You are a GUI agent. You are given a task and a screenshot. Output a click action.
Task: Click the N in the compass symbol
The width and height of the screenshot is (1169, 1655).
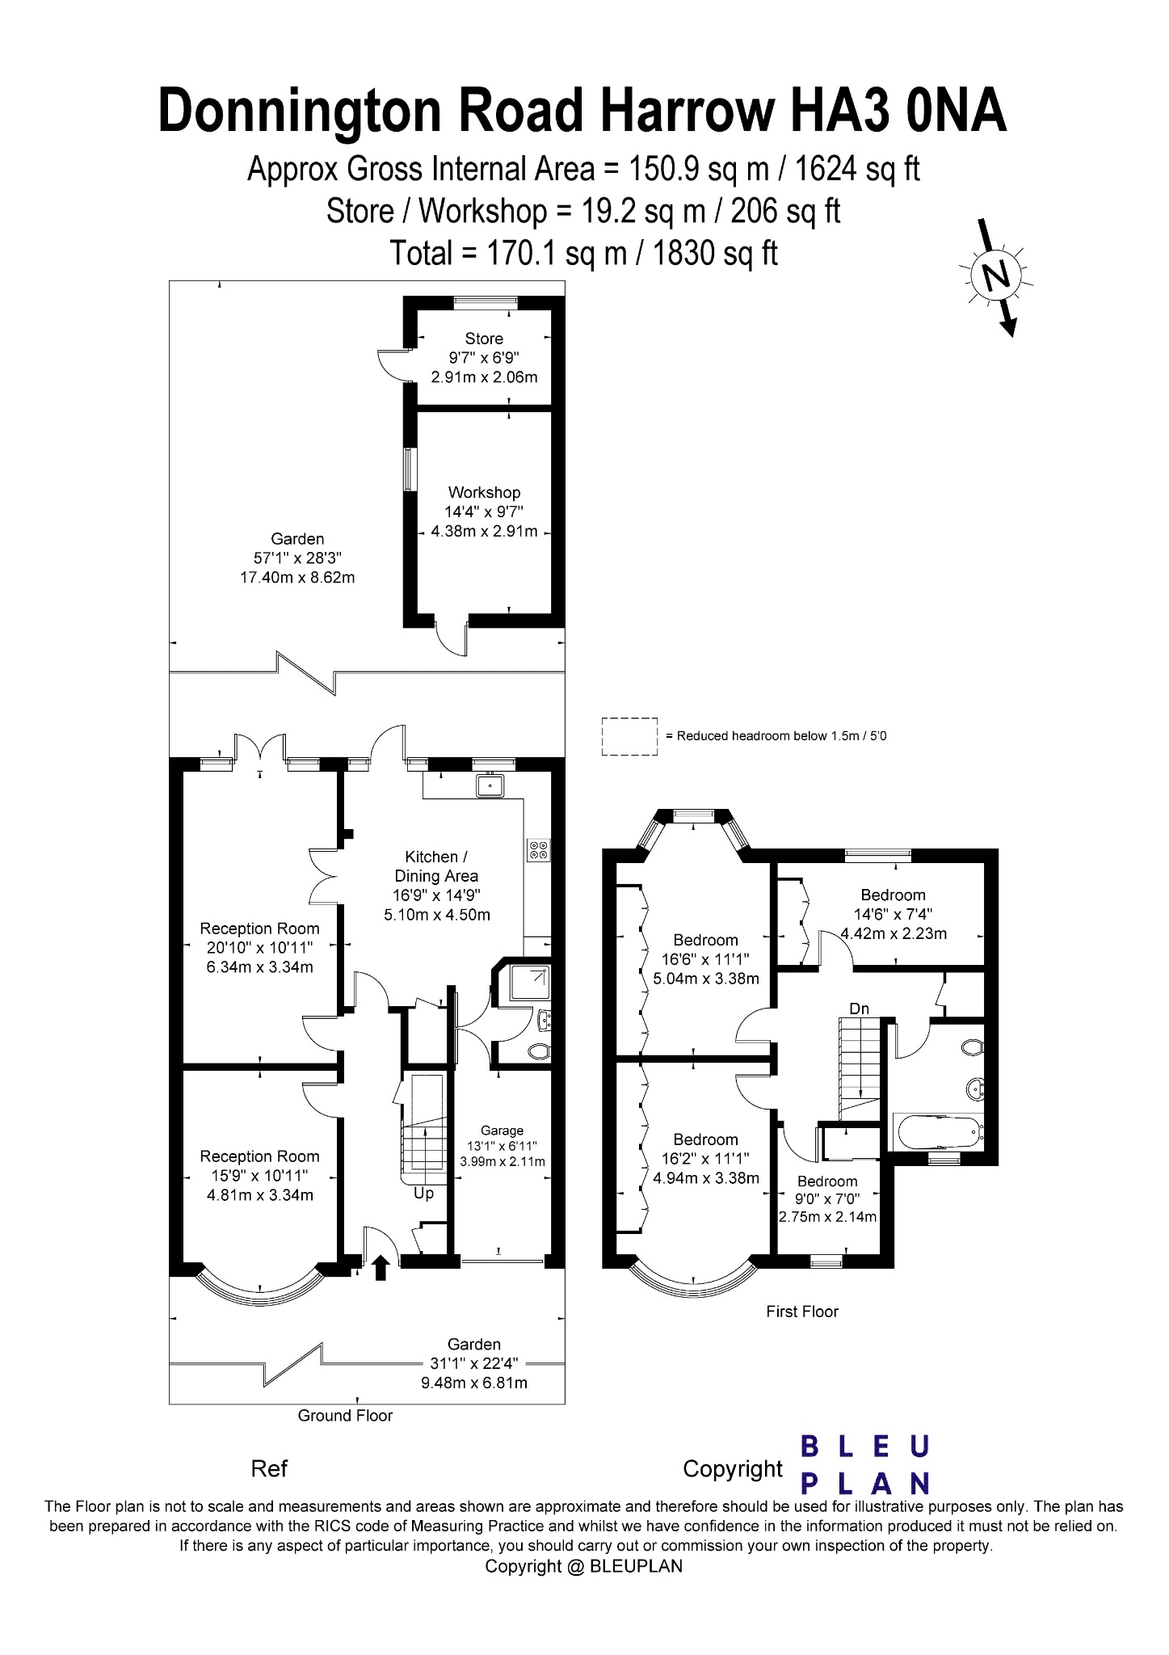point(999,276)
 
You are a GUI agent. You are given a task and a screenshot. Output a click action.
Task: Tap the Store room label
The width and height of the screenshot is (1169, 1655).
point(484,339)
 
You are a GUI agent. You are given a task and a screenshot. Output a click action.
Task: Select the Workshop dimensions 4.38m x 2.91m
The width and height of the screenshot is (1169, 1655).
point(484,531)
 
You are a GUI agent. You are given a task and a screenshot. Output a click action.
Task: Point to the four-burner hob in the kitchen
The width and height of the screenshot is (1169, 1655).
point(538,849)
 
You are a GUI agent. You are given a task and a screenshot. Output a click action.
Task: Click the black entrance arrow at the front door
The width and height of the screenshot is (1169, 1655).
point(381,1268)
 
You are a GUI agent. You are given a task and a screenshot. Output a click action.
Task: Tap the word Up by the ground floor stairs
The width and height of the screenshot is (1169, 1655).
point(423,1193)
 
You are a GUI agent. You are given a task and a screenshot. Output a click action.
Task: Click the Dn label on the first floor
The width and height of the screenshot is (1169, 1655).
point(859,1009)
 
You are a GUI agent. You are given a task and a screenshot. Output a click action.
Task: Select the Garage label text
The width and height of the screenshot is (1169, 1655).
point(502,1131)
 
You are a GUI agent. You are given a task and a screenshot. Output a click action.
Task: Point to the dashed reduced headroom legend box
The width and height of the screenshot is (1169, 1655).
point(629,736)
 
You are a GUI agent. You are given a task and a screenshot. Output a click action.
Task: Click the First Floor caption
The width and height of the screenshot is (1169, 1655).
point(802,1312)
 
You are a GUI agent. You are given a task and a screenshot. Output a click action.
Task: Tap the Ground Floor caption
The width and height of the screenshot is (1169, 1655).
point(345,1415)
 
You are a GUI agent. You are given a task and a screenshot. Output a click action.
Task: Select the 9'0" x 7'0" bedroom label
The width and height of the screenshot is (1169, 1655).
point(826,1199)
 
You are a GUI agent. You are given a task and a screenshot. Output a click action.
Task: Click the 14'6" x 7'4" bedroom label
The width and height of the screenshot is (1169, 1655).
point(893,914)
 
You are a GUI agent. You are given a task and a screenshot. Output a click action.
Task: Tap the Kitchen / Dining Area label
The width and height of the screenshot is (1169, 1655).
point(436,865)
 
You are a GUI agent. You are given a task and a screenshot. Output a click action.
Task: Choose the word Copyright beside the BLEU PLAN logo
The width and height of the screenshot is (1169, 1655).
point(732,1468)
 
